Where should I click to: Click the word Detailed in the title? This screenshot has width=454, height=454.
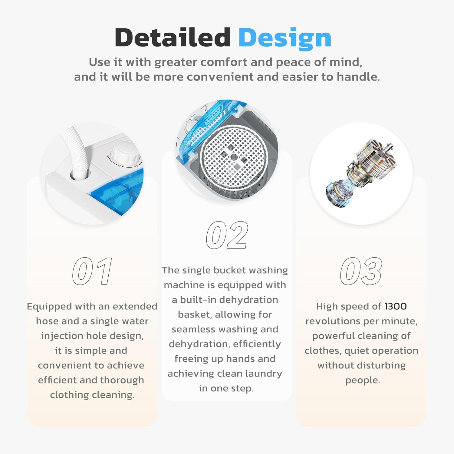[x=173, y=38]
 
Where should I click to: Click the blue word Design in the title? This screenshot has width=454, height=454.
[x=285, y=39]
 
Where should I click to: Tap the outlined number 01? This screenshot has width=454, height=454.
[x=92, y=271]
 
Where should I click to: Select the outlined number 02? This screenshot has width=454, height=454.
[x=227, y=235]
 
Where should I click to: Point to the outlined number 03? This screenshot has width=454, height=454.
[x=361, y=271]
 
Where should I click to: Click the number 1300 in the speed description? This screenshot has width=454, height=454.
[x=396, y=306]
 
